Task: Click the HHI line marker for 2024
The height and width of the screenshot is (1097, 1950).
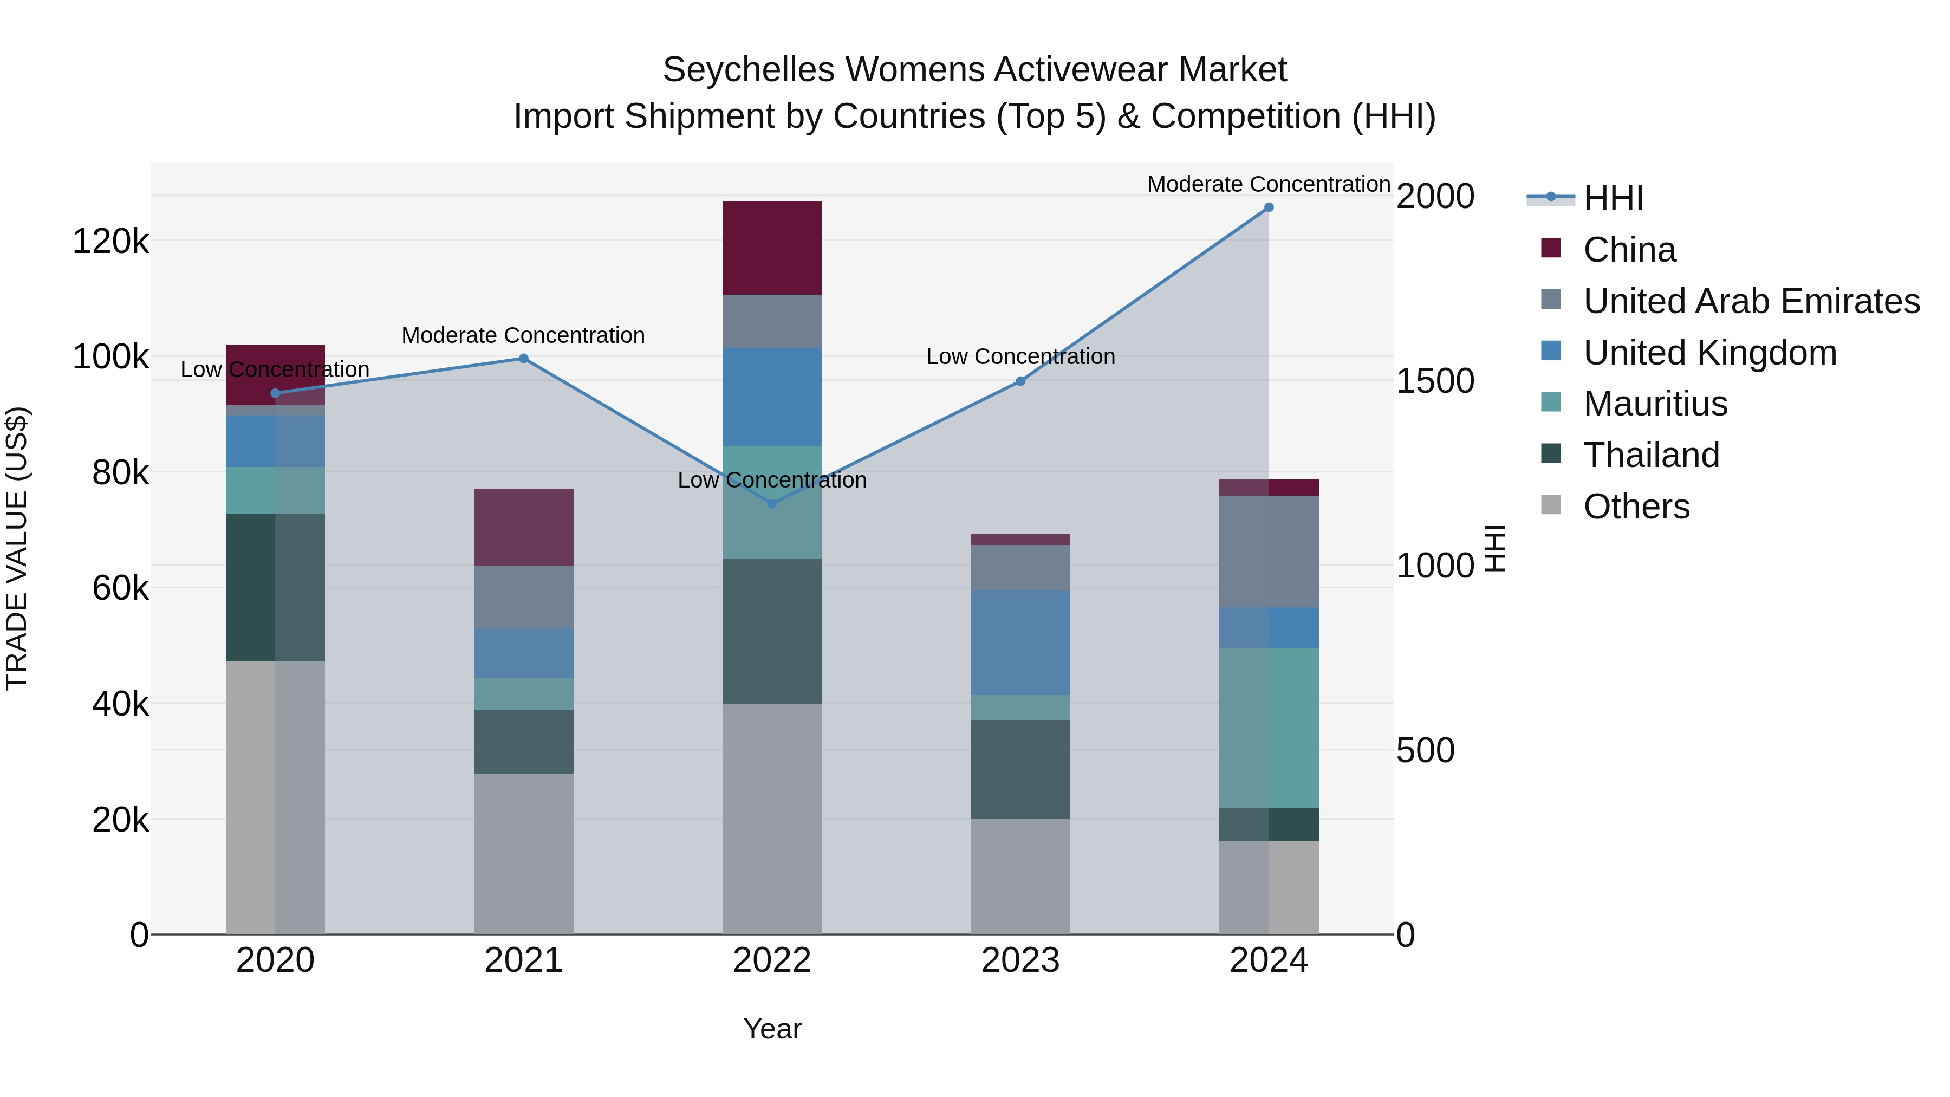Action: (x=1269, y=207)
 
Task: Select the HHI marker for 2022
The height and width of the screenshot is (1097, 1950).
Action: (x=772, y=503)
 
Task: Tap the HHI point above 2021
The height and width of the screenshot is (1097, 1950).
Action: (x=524, y=359)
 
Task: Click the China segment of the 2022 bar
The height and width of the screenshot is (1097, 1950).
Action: (x=772, y=248)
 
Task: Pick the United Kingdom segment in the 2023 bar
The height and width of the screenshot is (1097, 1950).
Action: (x=1020, y=642)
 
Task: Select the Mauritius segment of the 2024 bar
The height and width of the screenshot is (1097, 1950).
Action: (x=1269, y=728)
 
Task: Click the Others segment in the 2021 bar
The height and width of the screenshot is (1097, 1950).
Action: (x=524, y=853)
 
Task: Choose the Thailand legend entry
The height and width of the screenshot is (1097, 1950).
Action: (x=1651, y=455)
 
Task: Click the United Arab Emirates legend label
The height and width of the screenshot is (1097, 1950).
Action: (x=1751, y=301)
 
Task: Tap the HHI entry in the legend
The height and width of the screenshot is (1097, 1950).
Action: (x=1613, y=198)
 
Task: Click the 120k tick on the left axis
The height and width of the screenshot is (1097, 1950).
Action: (x=110, y=242)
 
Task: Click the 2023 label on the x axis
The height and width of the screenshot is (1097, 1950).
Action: (x=1020, y=960)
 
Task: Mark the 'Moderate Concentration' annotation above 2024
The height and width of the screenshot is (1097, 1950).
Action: (x=1269, y=184)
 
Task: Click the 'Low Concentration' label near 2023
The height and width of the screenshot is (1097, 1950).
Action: (x=1020, y=356)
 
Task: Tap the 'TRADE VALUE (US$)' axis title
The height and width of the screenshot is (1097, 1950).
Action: (x=17, y=548)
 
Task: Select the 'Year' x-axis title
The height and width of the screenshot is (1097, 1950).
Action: (x=772, y=1029)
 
